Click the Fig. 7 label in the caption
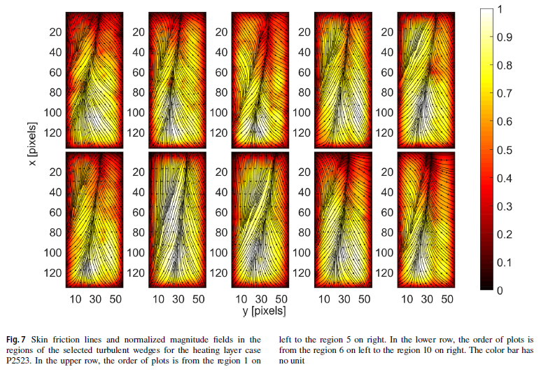tap(22, 338)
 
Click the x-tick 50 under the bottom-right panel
tap(447, 298)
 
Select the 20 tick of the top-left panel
tap(55, 32)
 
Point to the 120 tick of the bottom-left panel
tap(52, 272)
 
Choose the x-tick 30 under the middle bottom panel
tap(262, 298)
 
